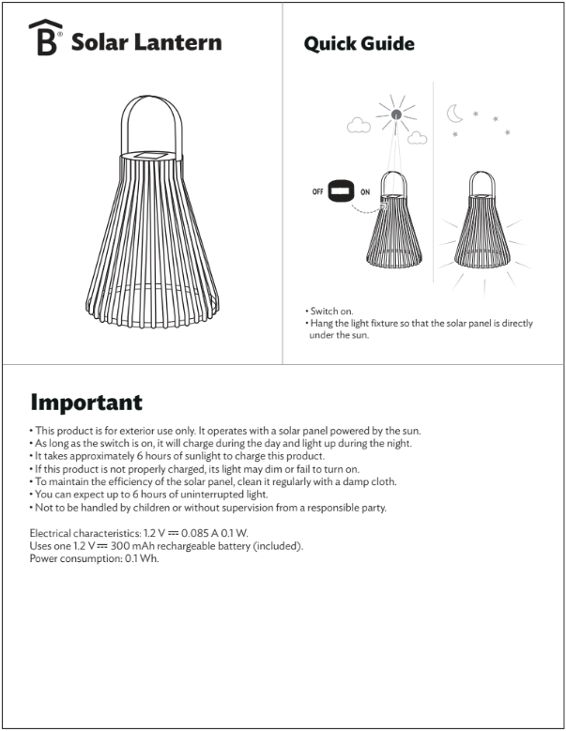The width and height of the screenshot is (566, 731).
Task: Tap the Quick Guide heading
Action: click(x=359, y=44)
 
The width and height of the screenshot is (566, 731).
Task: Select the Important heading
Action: click(x=86, y=403)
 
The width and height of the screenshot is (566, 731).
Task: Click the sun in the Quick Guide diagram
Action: click(x=396, y=115)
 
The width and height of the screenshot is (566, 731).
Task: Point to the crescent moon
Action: click(x=455, y=114)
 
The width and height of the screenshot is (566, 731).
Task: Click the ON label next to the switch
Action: click(x=365, y=191)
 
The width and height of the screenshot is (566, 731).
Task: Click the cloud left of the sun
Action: click(x=359, y=124)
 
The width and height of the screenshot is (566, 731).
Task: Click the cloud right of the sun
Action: click(x=418, y=138)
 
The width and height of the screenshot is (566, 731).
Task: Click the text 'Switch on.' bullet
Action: click(x=331, y=312)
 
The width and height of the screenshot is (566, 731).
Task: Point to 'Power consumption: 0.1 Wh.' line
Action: click(x=95, y=559)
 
